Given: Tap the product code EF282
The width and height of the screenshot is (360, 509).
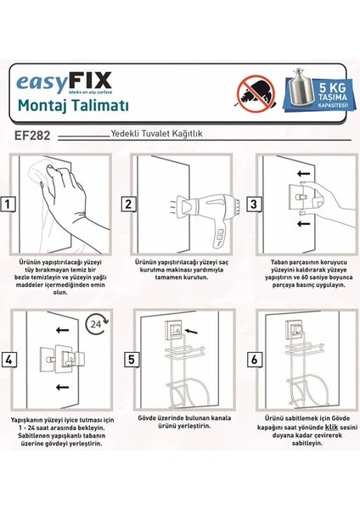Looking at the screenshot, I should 36,134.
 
